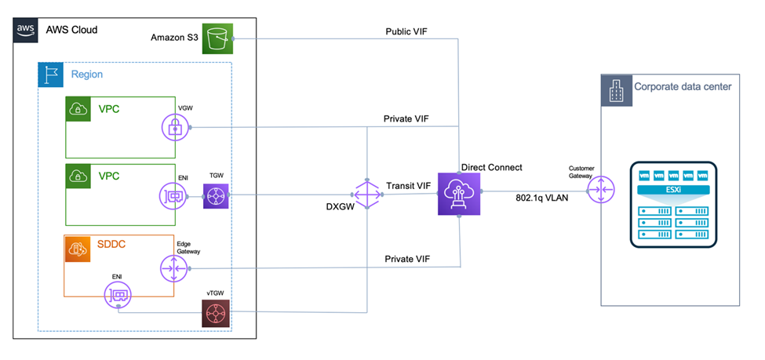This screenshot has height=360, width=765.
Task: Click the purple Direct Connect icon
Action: click(x=459, y=192)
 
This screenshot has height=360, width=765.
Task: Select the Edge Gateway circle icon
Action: click(x=173, y=268)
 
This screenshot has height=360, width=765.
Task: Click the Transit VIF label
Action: click(x=408, y=186)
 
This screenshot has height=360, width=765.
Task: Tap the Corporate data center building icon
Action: click(x=614, y=89)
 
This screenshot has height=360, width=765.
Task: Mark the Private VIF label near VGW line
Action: click(x=410, y=118)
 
